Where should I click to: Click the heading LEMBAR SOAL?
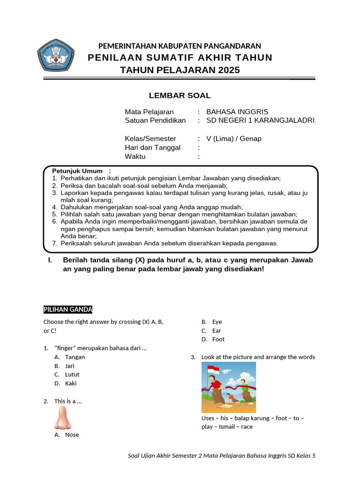[x=180, y=96]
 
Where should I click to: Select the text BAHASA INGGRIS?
[x=237, y=112]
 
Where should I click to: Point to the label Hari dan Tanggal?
[x=152, y=148]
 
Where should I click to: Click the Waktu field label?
[x=135, y=157]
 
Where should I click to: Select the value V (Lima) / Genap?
[x=234, y=139]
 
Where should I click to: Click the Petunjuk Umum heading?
[x=77, y=171]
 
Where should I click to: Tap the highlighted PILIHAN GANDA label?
[x=68, y=309]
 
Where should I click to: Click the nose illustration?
[x=62, y=418]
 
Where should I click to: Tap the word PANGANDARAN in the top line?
[x=235, y=46]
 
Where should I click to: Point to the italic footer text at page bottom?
[x=222, y=455]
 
